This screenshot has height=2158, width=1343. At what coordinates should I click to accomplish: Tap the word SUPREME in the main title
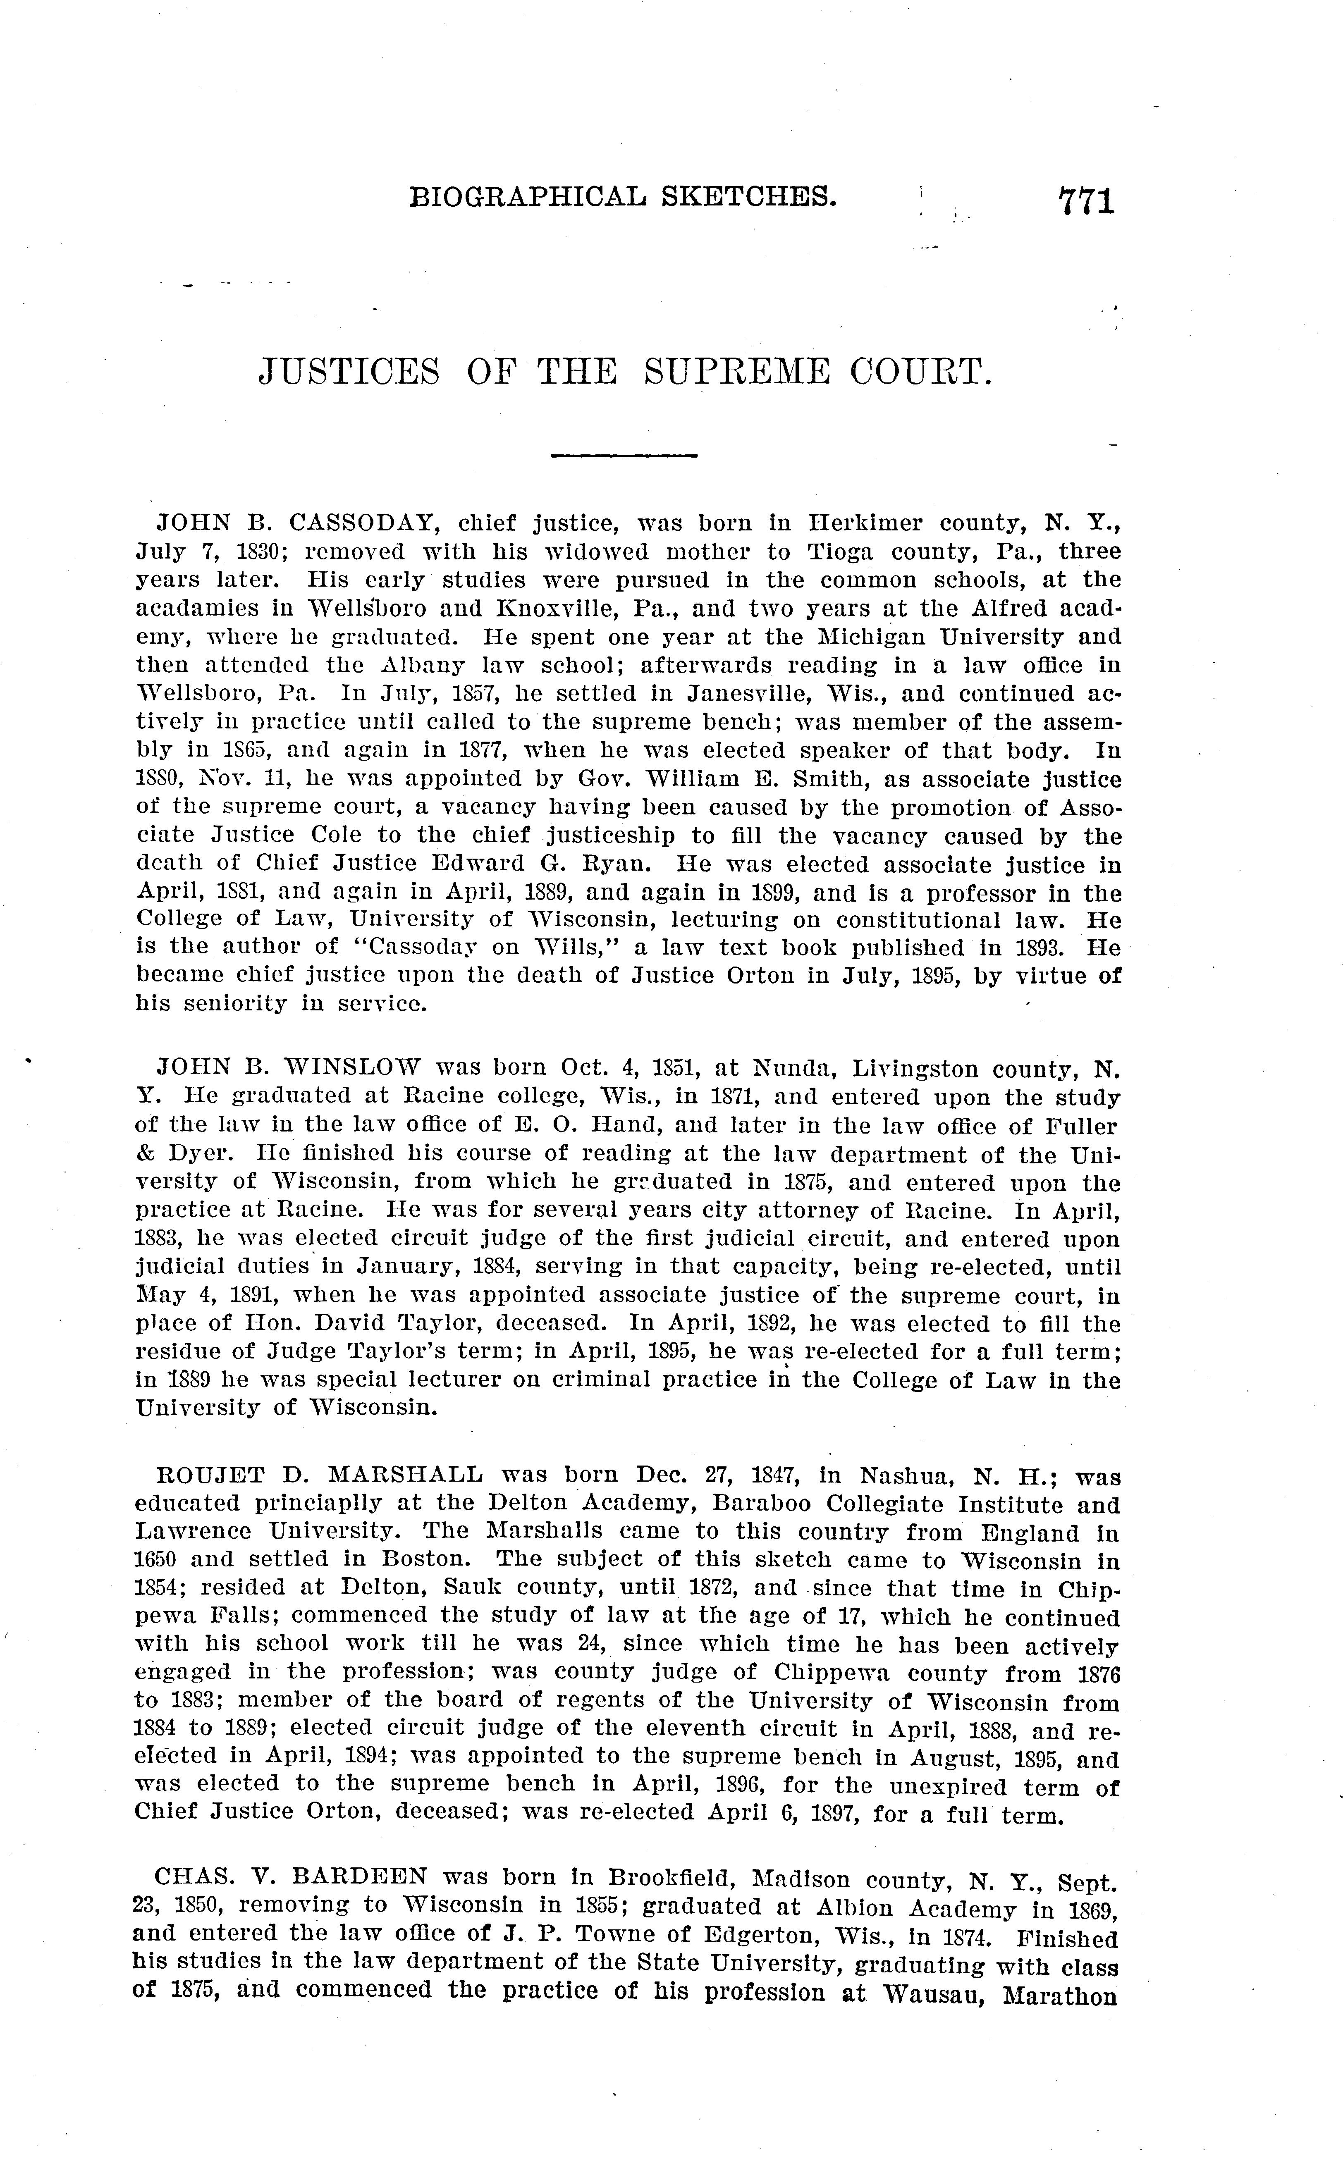point(737,371)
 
